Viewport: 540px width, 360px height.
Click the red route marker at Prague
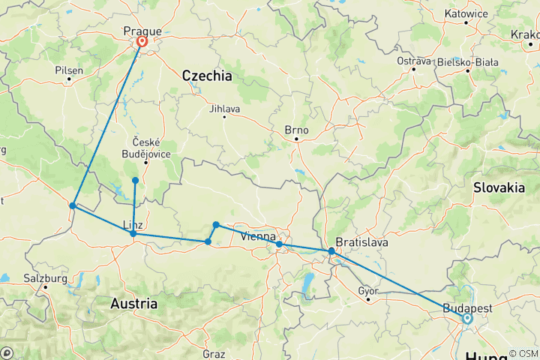tap(141, 43)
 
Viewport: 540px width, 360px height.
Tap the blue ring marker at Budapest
tap(467, 318)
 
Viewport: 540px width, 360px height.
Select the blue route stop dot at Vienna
tap(279, 244)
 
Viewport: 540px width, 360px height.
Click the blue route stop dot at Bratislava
tap(331, 251)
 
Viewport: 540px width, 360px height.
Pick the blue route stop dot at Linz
tap(133, 234)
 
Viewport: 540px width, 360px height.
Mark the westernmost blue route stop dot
tap(73, 205)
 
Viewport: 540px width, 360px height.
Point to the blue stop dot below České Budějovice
tap(135, 180)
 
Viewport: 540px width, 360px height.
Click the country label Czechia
tap(206, 76)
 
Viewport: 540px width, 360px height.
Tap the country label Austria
tap(133, 304)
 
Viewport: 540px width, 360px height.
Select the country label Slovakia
tap(499, 188)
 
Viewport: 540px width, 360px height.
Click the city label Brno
tap(297, 129)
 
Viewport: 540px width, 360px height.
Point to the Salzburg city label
tap(46, 278)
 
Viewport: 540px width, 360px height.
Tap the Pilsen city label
tap(70, 70)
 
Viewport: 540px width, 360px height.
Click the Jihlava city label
tap(225, 109)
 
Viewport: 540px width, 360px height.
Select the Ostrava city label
tap(413, 60)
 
